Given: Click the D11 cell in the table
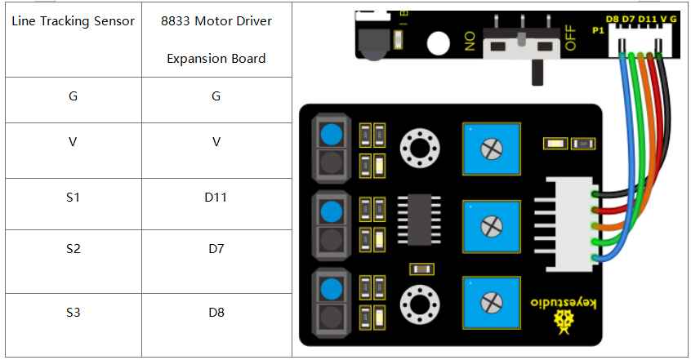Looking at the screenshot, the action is pyautogui.click(x=216, y=198).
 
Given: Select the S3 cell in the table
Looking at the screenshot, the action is pyautogui.click(x=74, y=313).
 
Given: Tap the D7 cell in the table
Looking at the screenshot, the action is pyautogui.click(x=216, y=249).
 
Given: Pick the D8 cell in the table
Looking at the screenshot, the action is pyautogui.click(x=216, y=313).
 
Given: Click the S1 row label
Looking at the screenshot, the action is pyautogui.click(x=74, y=198).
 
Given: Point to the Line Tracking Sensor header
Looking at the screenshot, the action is pyautogui.click(x=74, y=20).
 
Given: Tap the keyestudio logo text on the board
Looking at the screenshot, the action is pyautogui.click(x=564, y=303).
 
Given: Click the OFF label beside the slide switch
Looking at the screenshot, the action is pyautogui.click(x=570, y=38).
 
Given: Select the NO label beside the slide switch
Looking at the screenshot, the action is pyautogui.click(x=470, y=41).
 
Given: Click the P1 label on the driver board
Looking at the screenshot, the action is pyautogui.click(x=598, y=30).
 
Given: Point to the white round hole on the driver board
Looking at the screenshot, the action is pyautogui.click(x=438, y=43).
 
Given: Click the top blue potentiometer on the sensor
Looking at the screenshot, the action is pyautogui.click(x=492, y=149).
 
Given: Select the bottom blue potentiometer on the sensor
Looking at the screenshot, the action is pyautogui.click(x=492, y=303).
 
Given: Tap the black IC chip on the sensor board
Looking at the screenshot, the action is pyautogui.click(x=419, y=220).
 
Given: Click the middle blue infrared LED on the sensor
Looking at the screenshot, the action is pyautogui.click(x=332, y=212).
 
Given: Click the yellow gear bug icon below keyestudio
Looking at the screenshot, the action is pyautogui.click(x=564, y=322).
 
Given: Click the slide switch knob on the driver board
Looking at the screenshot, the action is pyautogui.click(x=521, y=39).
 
